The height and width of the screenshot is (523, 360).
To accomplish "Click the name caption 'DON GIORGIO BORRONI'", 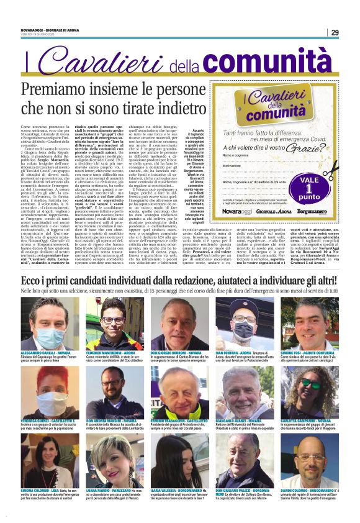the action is coord(176,352).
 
